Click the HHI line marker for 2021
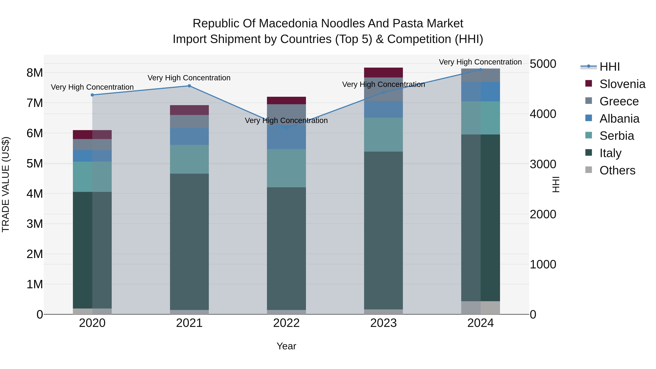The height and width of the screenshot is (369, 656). [189, 86]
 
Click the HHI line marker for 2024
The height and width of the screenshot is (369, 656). [481, 70]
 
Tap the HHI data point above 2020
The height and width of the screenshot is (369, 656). [92, 95]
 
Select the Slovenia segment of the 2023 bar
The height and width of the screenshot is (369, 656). [383, 73]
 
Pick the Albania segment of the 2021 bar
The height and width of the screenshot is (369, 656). [189, 136]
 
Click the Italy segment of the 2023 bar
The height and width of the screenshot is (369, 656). [383, 231]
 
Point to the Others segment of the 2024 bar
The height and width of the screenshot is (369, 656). [481, 308]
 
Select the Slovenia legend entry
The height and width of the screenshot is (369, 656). [622, 84]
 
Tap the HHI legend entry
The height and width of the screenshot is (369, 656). [609, 67]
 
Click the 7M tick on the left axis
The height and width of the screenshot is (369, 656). [35, 103]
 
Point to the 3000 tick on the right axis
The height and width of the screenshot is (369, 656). [543, 164]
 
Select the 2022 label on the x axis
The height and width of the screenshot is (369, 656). [286, 323]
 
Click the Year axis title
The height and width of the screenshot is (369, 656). [286, 346]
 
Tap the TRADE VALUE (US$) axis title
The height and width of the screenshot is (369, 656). [6, 184]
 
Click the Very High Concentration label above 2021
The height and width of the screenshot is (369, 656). [189, 78]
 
